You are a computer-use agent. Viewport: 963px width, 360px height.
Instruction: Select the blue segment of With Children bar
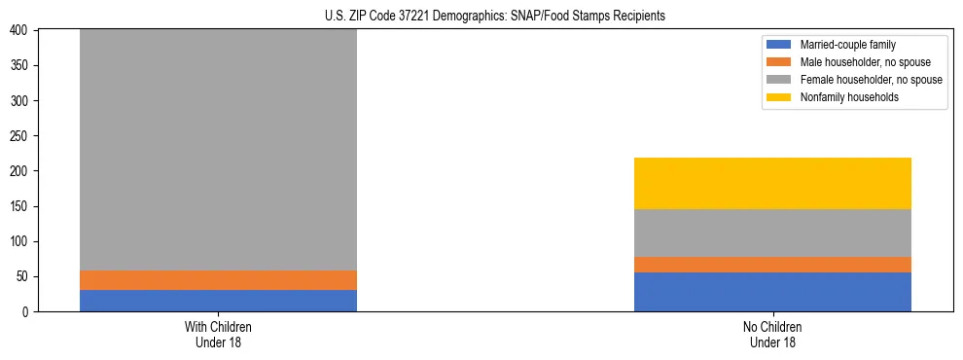click(218, 301)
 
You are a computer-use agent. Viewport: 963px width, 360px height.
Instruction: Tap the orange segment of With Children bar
click(218, 280)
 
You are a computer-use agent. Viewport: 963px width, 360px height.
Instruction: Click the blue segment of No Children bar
click(772, 292)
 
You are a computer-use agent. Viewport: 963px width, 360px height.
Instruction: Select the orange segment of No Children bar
click(772, 265)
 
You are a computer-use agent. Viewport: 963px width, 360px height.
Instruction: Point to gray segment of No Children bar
click(772, 234)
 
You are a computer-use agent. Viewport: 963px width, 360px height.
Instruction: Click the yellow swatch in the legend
click(779, 97)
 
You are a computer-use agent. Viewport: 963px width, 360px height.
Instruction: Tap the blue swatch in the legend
click(779, 45)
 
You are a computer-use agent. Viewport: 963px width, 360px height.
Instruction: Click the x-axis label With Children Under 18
click(218, 334)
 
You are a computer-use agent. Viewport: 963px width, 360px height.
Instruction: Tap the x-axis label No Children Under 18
click(772, 334)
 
